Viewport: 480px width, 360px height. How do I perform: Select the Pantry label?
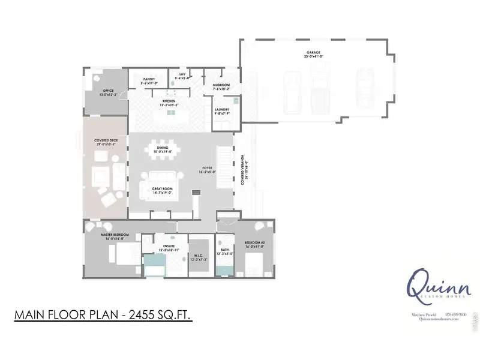click(150, 78)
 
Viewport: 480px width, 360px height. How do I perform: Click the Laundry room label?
click(221, 109)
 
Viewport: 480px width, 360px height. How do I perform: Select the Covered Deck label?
click(105, 142)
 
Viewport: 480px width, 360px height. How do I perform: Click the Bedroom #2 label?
click(255, 242)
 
